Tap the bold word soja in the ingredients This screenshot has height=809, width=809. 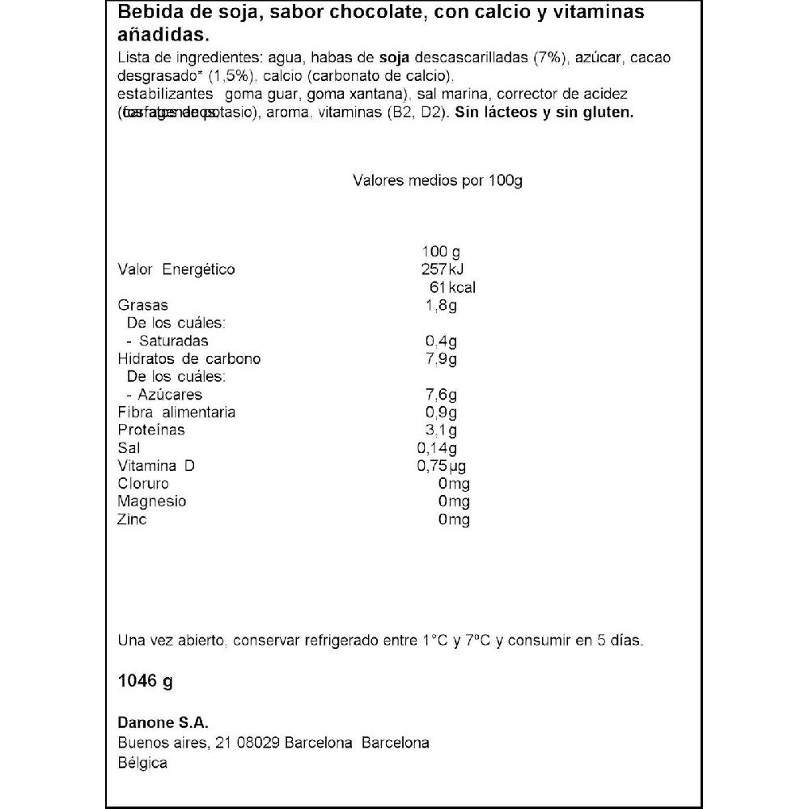tap(394, 58)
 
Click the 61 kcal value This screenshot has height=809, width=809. tap(447, 287)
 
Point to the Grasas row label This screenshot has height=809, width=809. tap(142, 305)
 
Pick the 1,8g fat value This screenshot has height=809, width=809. tap(442, 305)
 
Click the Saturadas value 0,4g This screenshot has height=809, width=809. tap(442, 341)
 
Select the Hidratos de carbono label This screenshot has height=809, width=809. tap(189, 358)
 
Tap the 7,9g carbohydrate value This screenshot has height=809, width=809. tap(442, 358)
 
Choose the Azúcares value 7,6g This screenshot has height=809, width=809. tap(442, 394)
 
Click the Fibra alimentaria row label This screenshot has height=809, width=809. tap(176, 412)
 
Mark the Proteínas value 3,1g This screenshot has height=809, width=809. tap(442, 430)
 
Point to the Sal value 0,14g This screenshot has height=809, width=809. tap(438, 448)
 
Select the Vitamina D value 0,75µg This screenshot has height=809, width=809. tap(441, 466)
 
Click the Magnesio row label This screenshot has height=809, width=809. tap(152, 502)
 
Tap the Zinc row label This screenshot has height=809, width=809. tap(133, 519)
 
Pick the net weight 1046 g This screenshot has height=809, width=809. tap(146, 681)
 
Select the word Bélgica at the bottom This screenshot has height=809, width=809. tap(142, 764)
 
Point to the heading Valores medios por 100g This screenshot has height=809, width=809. tap(438, 180)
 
